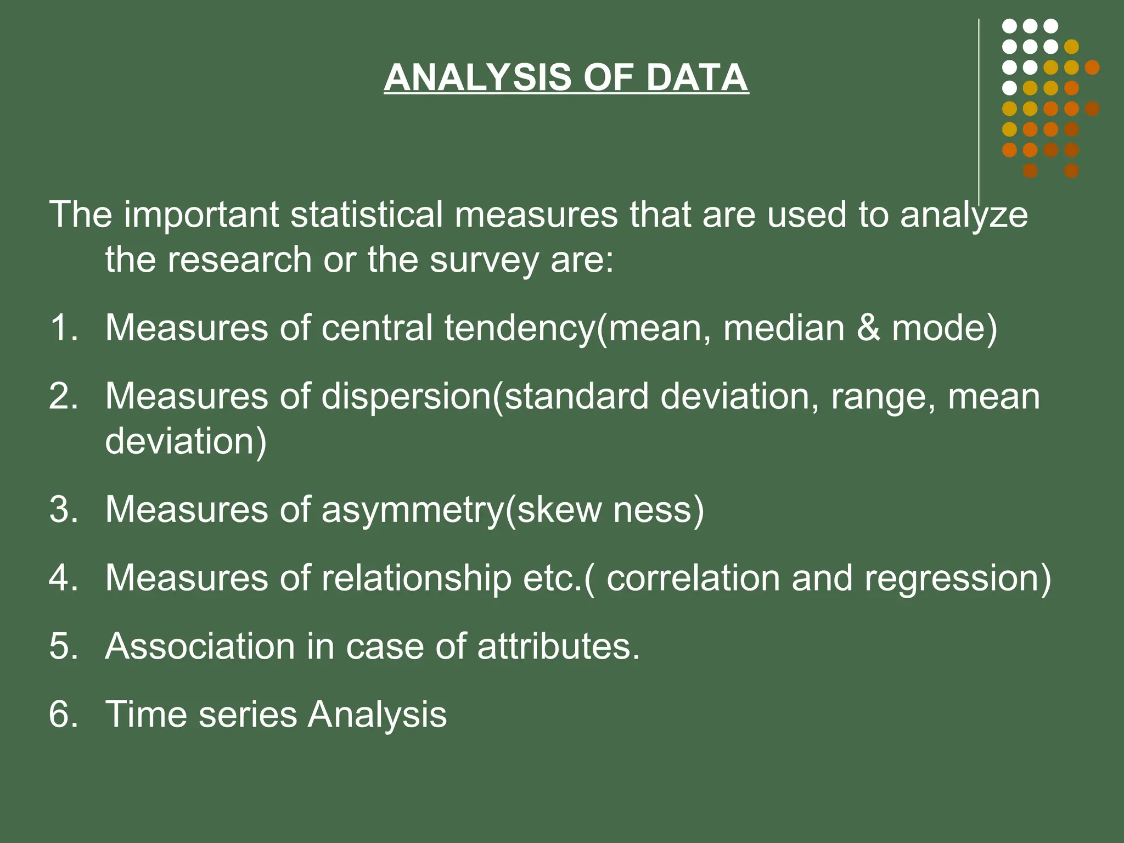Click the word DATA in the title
(x=696, y=77)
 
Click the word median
(x=784, y=328)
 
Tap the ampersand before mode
(x=868, y=328)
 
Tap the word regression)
(x=958, y=580)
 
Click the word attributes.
(x=559, y=646)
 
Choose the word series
(x=247, y=714)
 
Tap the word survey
(x=484, y=260)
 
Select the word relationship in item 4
(x=416, y=580)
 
